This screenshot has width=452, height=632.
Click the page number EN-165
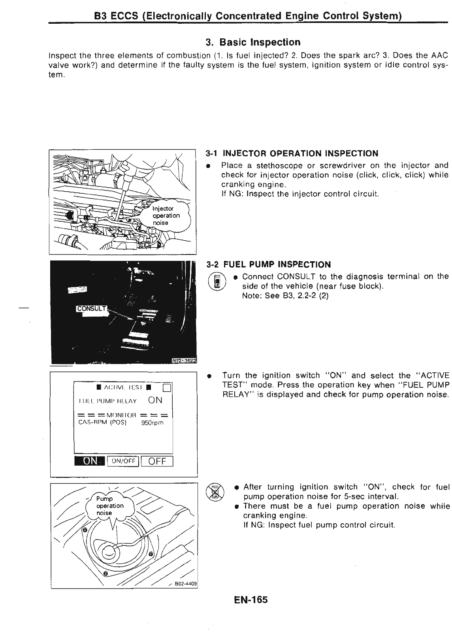pyautogui.click(x=250, y=600)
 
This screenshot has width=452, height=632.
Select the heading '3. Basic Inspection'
pyautogui.click(x=253, y=42)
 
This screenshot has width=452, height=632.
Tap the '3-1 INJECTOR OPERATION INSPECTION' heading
pyautogui.click(x=292, y=153)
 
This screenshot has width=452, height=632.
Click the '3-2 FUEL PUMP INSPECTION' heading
pyautogui.click(x=269, y=264)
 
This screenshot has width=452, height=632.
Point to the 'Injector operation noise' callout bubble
pyautogui.click(x=166, y=215)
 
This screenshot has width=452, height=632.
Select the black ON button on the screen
pyautogui.click(x=90, y=461)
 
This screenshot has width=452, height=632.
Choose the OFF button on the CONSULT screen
pyautogui.click(x=157, y=461)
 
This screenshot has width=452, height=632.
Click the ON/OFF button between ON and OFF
pyautogui.click(x=123, y=461)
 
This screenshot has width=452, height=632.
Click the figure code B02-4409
pyautogui.click(x=186, y=584)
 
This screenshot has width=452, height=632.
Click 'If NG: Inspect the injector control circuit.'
pyautogui.click(x=300, y=194)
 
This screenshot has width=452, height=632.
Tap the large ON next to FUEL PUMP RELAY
pyautogui.click(x=155, y=400)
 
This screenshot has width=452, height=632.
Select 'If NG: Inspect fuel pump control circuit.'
pyautogui.click(x=319, y=525)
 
